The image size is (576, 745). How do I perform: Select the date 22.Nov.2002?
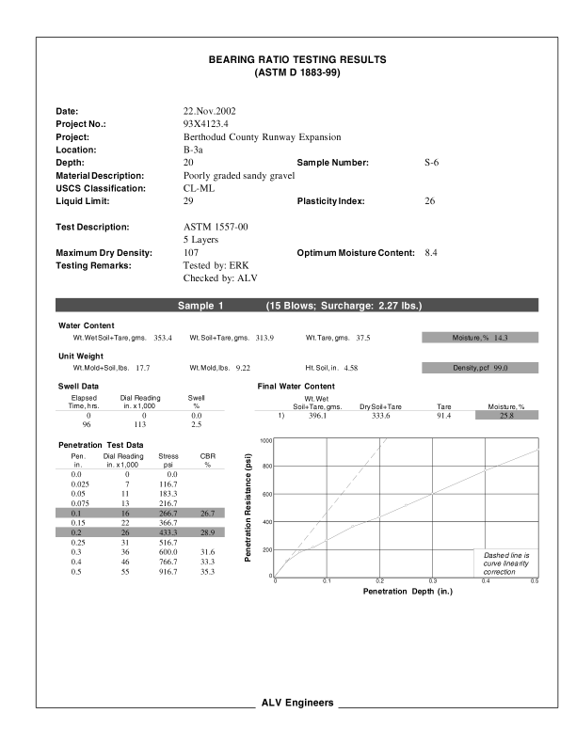point(209,111)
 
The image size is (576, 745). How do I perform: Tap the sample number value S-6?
point(432,163)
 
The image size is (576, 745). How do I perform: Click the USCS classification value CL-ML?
point(200,188)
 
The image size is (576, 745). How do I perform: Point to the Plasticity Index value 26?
point(431,201)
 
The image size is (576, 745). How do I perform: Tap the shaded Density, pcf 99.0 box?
point(479,368)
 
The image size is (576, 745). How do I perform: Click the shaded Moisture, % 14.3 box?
point(479,337)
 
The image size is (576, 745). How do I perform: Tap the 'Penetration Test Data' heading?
point(101,444)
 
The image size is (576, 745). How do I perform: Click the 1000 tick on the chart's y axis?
point(266,440)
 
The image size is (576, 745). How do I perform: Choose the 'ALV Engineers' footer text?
point(296,704)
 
